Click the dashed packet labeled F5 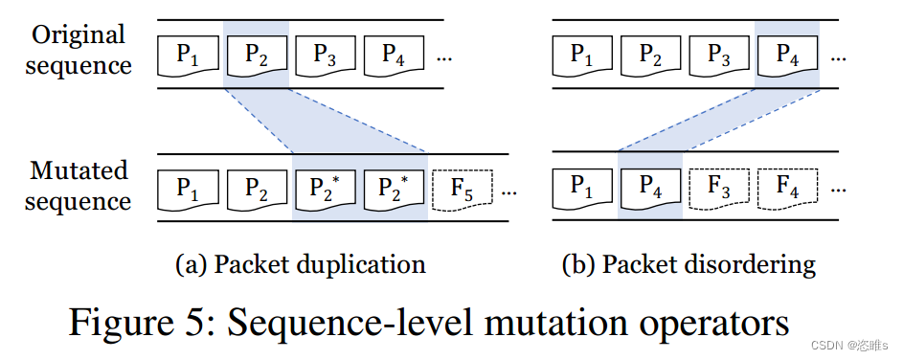463,189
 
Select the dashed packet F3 718,189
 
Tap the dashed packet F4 788,189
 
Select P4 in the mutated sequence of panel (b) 649,189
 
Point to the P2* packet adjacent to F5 394,189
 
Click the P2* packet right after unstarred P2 325,189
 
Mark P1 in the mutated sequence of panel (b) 581,189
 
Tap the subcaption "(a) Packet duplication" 300,263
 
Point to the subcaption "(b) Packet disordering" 688,263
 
